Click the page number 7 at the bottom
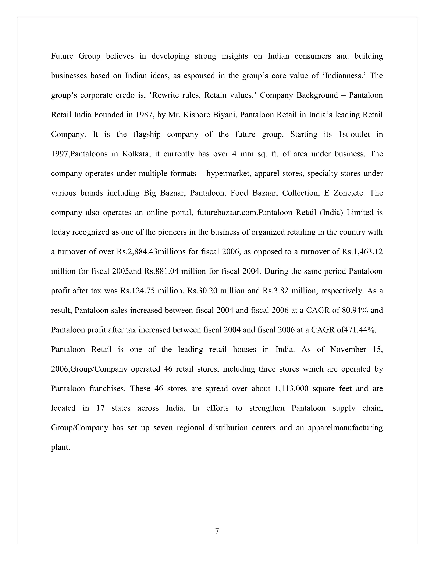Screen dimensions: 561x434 (x=217, y=531)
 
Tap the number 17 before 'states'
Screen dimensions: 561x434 (x=100, y=408)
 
